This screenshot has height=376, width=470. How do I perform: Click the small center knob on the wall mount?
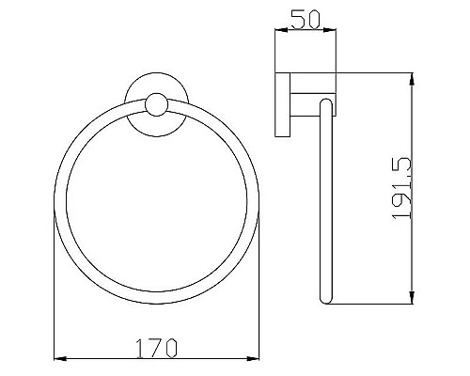[157, 104]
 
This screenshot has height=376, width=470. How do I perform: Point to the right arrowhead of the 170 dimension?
[255, 358]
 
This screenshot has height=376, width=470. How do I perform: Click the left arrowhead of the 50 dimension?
[276, 32]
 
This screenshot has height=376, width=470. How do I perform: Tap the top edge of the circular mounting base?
[157, 73]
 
